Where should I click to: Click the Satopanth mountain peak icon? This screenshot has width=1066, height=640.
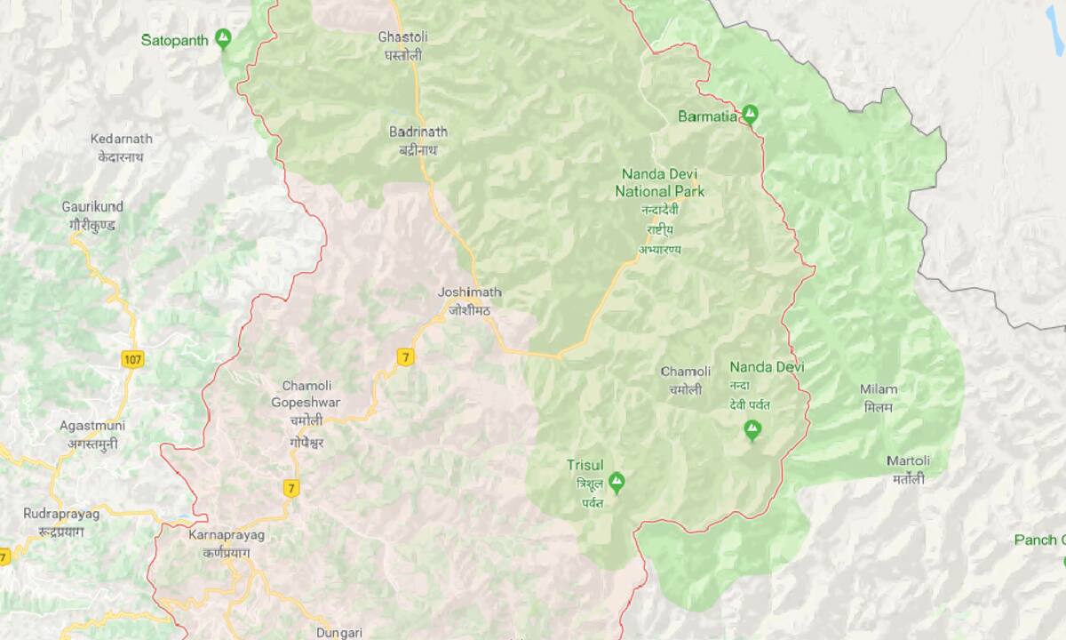coord(224,39)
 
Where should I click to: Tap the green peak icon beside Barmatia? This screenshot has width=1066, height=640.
coord(751,114)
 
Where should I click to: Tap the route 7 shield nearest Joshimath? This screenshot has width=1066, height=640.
coord(406,356)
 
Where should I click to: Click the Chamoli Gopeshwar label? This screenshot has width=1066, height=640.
coord(306,394)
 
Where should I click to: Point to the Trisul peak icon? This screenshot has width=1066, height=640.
coord(617,481)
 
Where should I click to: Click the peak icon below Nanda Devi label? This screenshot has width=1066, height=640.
coord(752,431)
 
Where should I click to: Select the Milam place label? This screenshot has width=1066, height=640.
coord(879,388)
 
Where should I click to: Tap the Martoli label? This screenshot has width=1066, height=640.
coord(908,460)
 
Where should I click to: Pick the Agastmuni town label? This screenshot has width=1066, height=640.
coord(88,426)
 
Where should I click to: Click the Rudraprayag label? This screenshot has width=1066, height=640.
coord(62,514)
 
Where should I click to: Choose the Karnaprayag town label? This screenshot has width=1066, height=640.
coord(227,534)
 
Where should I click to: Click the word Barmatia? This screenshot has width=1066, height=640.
coord(707,116)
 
